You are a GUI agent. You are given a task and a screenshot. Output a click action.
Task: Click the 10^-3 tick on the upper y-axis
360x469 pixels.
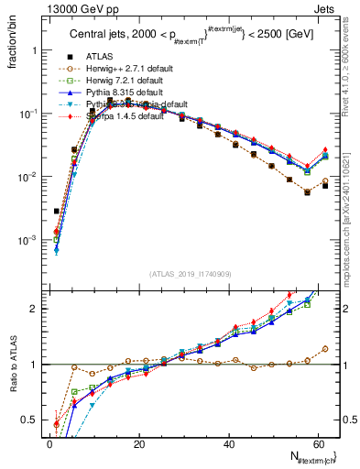point(29,240)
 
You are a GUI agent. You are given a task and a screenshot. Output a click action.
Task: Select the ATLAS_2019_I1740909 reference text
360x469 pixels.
point(189,274)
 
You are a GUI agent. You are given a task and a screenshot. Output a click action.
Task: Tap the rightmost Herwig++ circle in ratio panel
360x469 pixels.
point(325,349)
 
